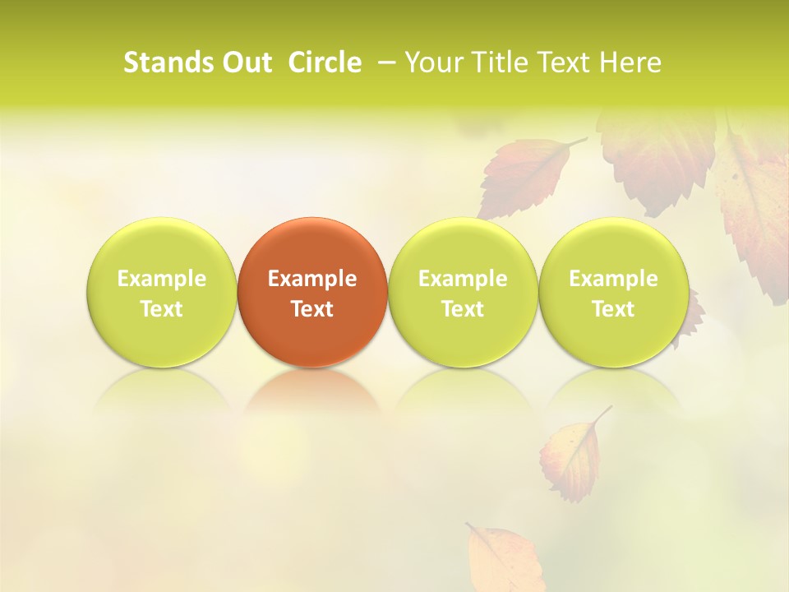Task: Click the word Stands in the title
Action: click(167, 62)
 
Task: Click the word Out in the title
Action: click(245, 62)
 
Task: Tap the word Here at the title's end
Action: click(630, 62)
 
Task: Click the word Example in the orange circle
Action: click(312, 279)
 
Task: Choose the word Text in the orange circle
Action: click(312, 309)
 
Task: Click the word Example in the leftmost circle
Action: click(162, 279)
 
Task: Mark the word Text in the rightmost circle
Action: click(613, 309)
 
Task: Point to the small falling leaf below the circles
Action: click(570, 457)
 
